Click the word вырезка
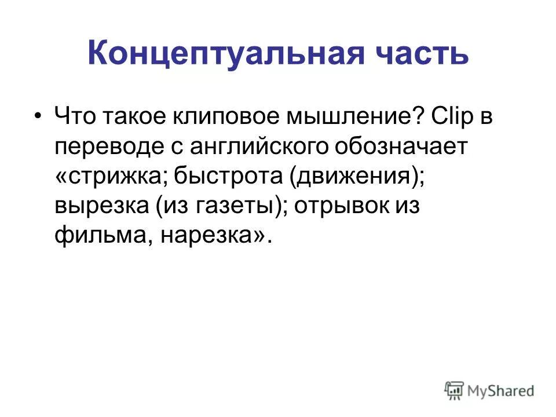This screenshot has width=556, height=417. pyautogui.click(x=101, y=206)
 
